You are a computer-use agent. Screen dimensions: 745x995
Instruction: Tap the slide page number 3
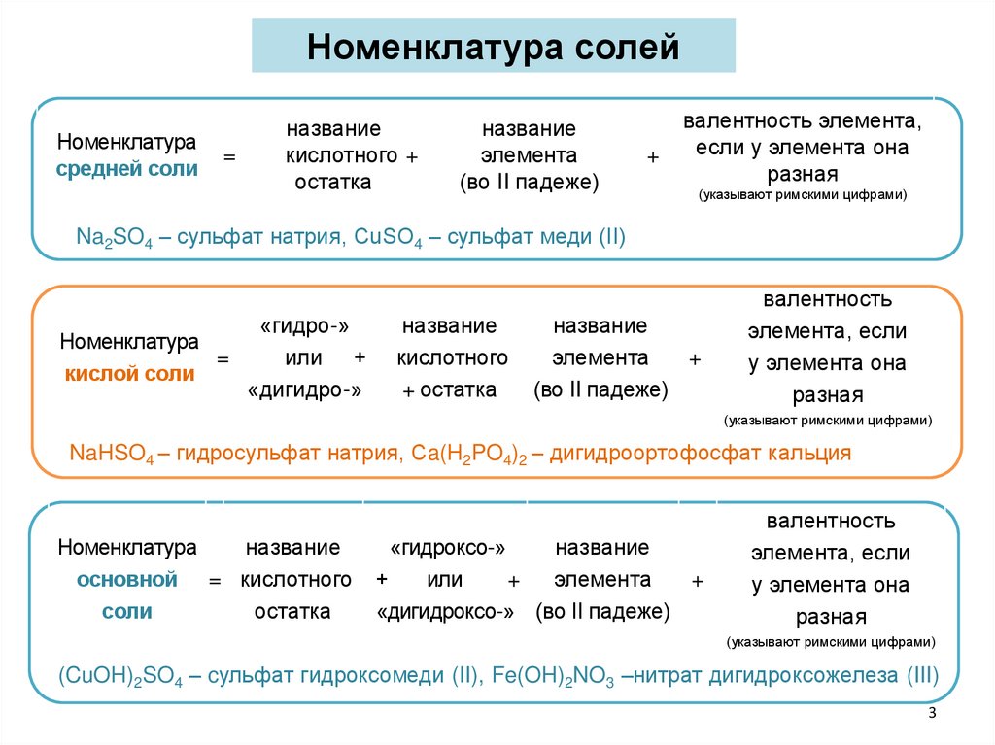coord(932,715)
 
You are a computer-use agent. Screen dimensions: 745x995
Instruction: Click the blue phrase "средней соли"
coord(126,168)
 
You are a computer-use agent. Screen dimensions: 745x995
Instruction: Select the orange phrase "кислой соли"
coord(129,374)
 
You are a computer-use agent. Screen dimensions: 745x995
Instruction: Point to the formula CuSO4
coord(384,238)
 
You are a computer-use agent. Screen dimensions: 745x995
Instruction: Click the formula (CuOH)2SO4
coord(120,676)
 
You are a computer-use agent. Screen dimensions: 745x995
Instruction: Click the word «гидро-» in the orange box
coord(303,326)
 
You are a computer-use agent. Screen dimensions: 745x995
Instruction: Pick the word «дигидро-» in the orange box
coord(304,389)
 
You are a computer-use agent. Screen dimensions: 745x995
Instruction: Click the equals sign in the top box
coord(230,156)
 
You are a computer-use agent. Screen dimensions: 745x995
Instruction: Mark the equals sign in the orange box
coord(223,359)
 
